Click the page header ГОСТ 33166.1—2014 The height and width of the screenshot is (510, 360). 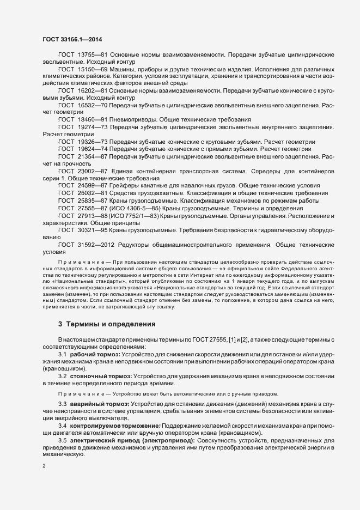[71, 40]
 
